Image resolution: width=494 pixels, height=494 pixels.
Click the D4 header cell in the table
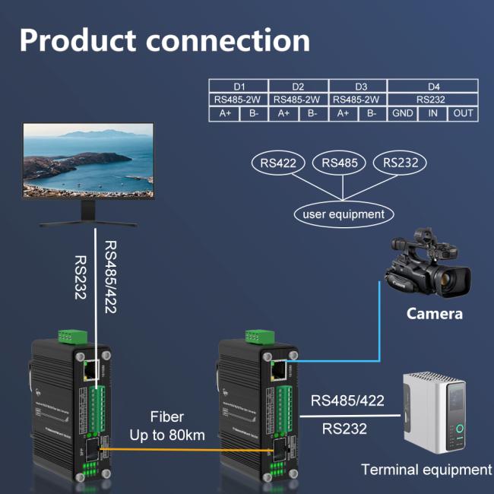(x=432, y=86)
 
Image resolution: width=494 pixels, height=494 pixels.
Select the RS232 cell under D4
(x=432, y=100)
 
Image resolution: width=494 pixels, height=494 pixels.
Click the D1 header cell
(x=238, y=86)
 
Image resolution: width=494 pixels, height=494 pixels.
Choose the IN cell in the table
(x=432, y=113)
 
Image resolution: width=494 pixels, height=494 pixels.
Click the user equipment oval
(x=344, y=214)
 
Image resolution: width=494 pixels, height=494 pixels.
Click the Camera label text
(x=434, y=313)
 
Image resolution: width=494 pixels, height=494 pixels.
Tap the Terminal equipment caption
(x=426, y=470)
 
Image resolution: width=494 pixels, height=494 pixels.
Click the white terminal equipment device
(x=438, y=411)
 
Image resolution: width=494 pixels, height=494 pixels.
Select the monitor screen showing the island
(x=88, y=160)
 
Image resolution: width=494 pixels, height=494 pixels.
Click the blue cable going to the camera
(x=378, y=319)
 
